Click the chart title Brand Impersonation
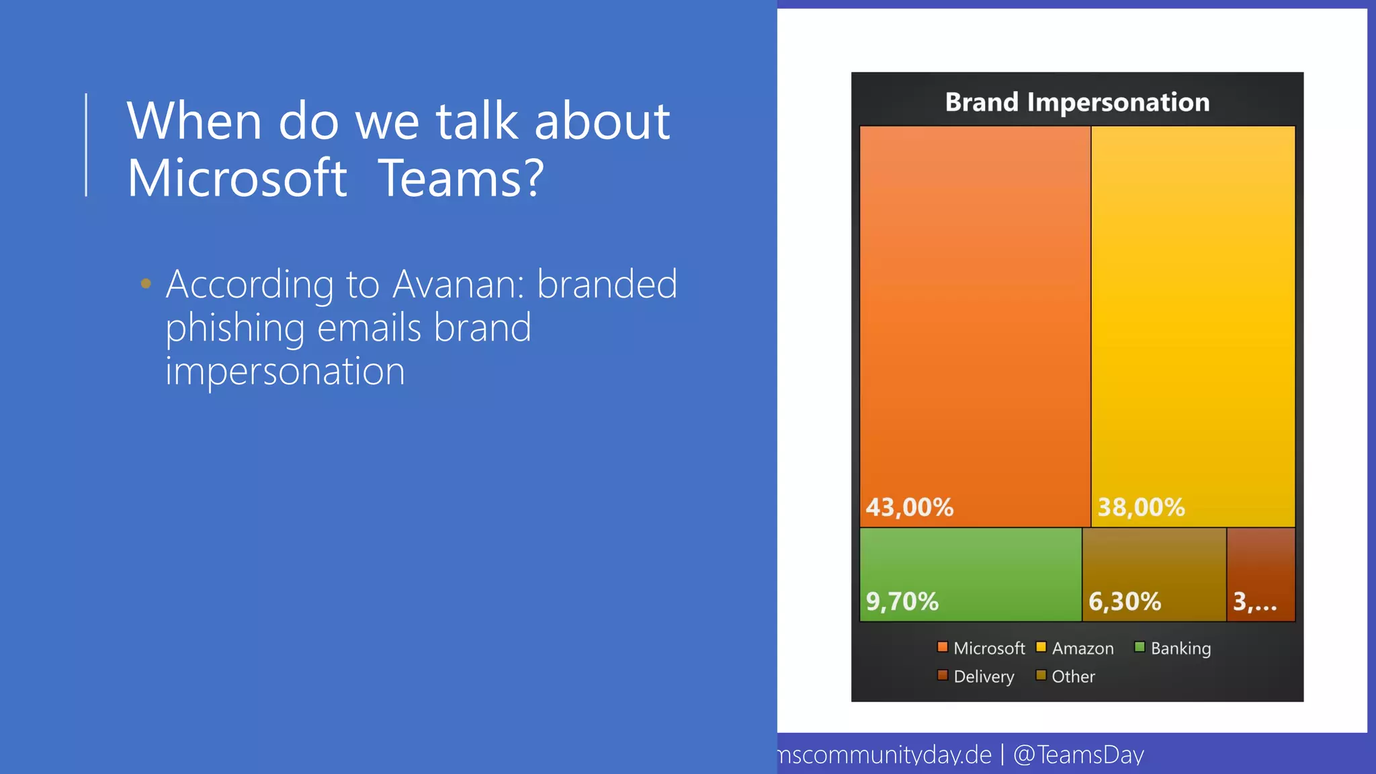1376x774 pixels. (1077, 102)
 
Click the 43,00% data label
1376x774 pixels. (909, 507)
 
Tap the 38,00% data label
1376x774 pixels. (1141, 507)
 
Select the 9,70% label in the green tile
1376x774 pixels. (902, 601)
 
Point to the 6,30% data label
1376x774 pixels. (1124, 601)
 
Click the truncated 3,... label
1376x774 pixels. (1254, 601)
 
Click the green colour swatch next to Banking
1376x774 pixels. (1139, 647)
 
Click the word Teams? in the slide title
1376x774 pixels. (461, 178)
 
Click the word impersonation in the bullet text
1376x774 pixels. (285, 372)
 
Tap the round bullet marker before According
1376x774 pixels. (146, 284)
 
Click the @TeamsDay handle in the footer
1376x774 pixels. (1078, 755)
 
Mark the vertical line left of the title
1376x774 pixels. (86, 144)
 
